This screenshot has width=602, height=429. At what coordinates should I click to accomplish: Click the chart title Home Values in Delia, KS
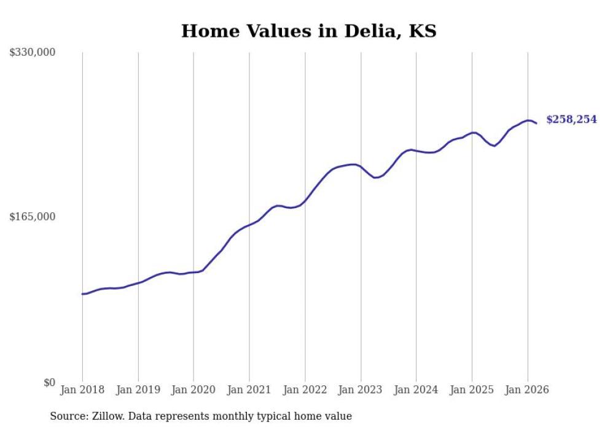(308, 31)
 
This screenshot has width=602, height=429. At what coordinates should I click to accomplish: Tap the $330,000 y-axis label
(33, 53)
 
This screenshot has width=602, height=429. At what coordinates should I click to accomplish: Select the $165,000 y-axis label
(33, 217)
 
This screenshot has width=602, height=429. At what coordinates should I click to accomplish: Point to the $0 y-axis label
(49, 382)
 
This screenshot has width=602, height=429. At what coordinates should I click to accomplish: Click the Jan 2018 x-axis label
(82, 390)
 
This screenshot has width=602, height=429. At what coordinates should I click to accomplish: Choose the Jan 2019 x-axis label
(138, 390)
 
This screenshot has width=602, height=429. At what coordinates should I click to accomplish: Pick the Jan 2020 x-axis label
(193, 390)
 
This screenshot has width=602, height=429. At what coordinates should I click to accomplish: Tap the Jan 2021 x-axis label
(249, 390)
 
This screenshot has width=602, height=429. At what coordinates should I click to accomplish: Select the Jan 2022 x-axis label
(305, 390)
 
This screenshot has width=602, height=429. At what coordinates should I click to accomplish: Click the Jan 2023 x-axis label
(361, 390)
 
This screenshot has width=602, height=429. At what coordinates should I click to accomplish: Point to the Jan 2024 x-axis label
(416, 390)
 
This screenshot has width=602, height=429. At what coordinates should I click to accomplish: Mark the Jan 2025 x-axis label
(472, 390)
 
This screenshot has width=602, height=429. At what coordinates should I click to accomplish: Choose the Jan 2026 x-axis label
(527, 390)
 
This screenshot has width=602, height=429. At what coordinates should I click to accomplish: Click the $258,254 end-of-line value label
(571, 119)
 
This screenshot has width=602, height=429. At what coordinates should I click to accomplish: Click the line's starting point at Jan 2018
(82, 294)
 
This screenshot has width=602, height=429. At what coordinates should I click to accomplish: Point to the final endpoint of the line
(536, 123)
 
